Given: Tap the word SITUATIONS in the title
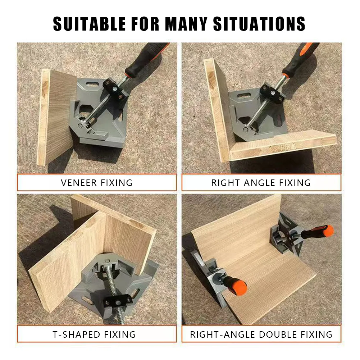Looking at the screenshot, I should point(259,23).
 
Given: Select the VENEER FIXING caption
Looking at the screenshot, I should point(97,182).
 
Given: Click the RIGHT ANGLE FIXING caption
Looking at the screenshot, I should point(261,182).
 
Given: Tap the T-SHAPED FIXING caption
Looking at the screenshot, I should point(94,334).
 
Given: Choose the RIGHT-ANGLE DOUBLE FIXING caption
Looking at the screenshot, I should point(261,334).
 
